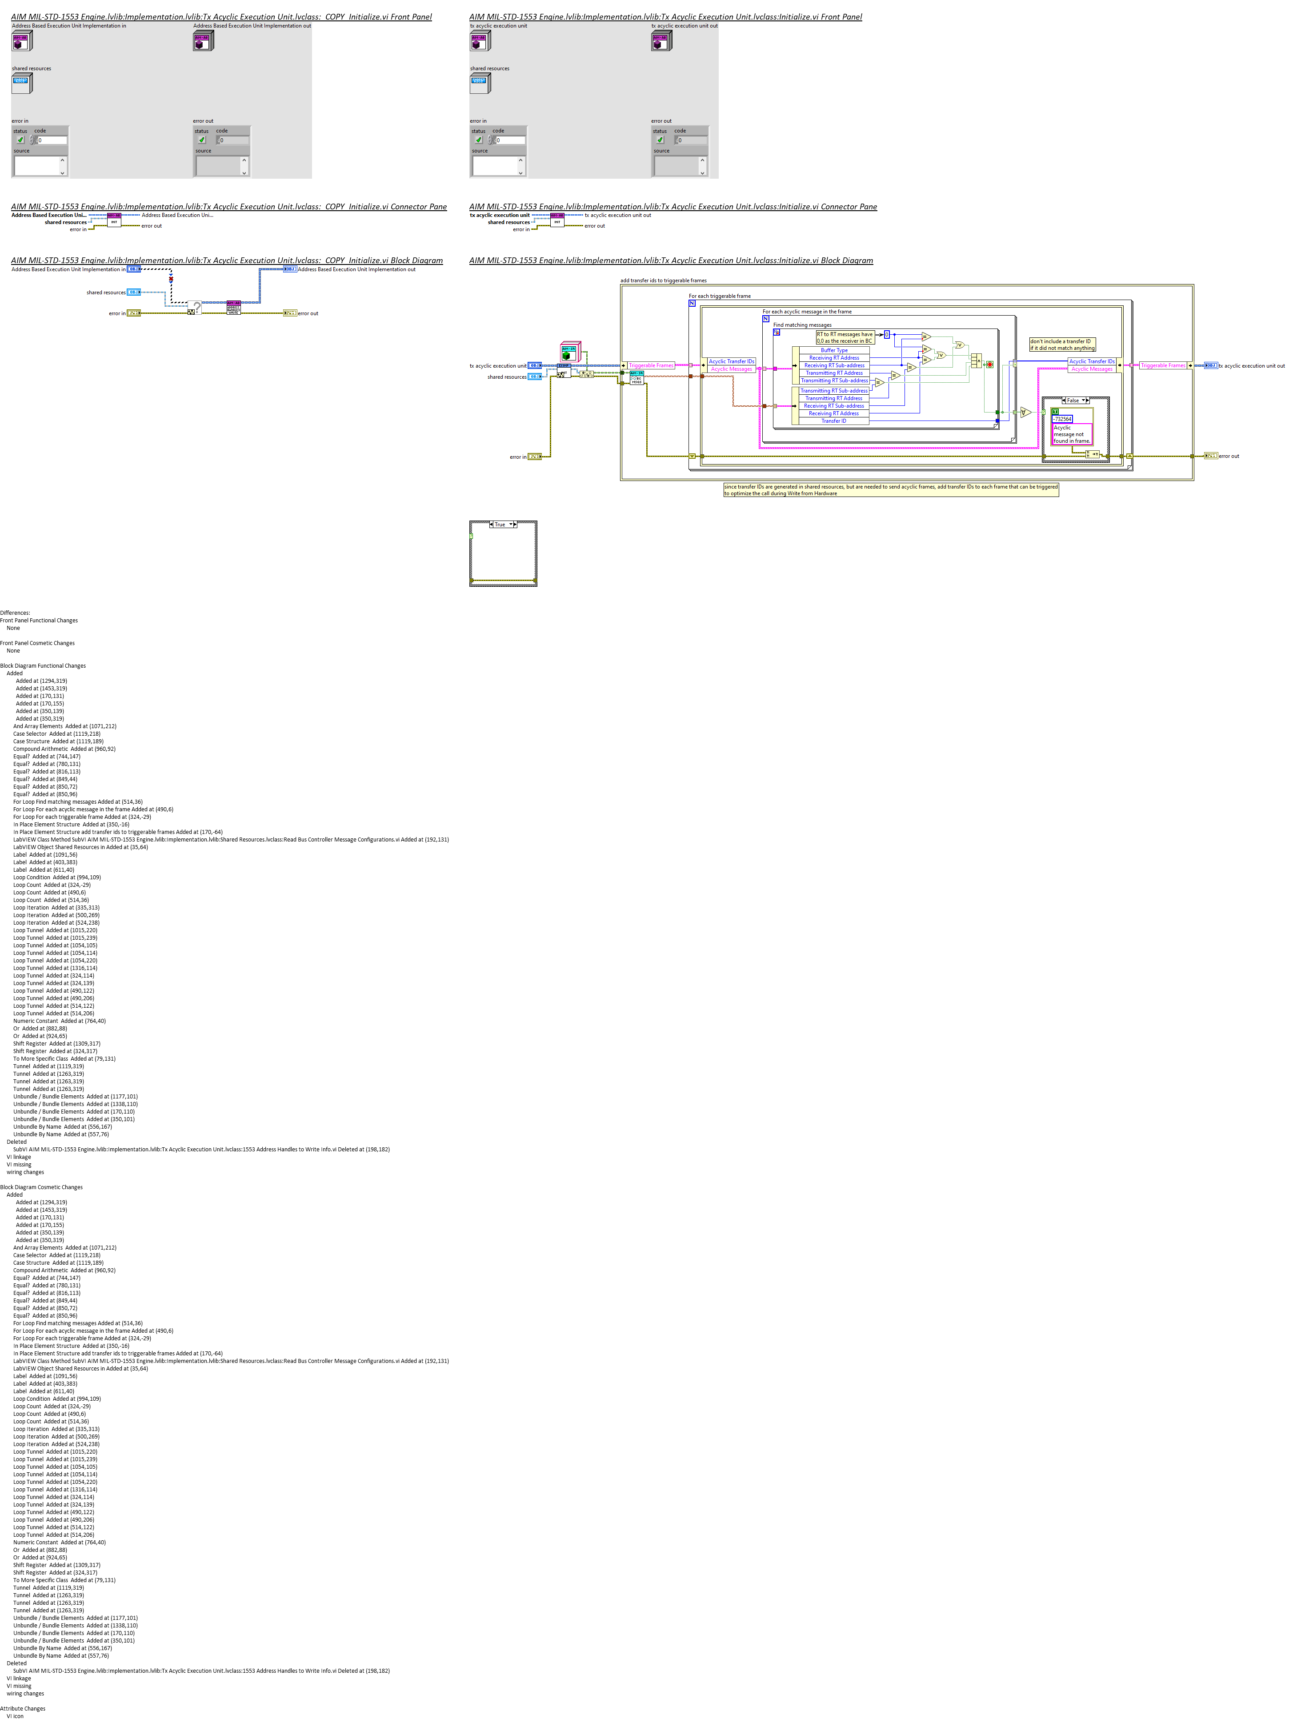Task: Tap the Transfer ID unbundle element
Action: click(x=833, y=421)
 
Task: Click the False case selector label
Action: click(x=1074, y=400)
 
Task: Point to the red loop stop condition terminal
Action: click(x=989, y=364)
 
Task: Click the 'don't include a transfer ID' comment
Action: click(x=1062, y=345)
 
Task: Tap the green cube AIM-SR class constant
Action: click(x=568, y=353)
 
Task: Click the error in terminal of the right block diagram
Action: click(x=534, y=457)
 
